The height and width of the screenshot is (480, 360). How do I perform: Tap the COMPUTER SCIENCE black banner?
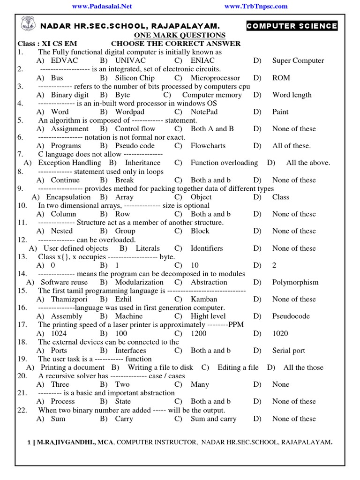(x=292, y=26)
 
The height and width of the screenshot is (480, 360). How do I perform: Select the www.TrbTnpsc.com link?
(x=256, y=7)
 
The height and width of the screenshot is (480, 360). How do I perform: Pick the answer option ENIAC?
(x=202, y=60)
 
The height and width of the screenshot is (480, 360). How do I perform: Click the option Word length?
(x=292, y=95)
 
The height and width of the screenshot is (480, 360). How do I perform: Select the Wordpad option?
(x=130, y=112)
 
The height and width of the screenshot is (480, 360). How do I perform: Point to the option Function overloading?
(x=224, y=163)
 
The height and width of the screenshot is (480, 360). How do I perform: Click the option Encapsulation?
(x=68, y=197)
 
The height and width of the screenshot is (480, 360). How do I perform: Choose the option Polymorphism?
(x=295, y=282)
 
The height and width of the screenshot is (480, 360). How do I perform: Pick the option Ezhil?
(x=124, y=299)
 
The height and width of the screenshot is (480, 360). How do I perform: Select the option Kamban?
(x=204, y=299)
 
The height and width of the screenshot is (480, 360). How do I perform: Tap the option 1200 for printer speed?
(x=199, y=333)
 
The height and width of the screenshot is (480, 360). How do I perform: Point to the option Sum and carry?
(x=213, y=419)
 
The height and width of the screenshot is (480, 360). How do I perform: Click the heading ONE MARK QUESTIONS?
(x=180, y=36)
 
